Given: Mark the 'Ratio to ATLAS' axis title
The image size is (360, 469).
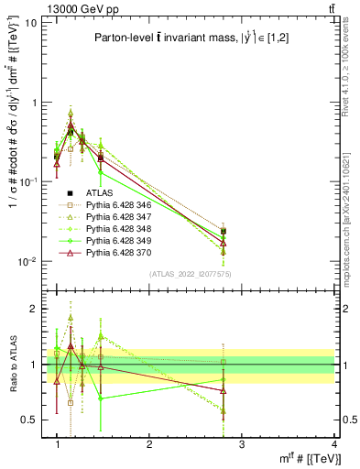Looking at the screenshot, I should (13, 364).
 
